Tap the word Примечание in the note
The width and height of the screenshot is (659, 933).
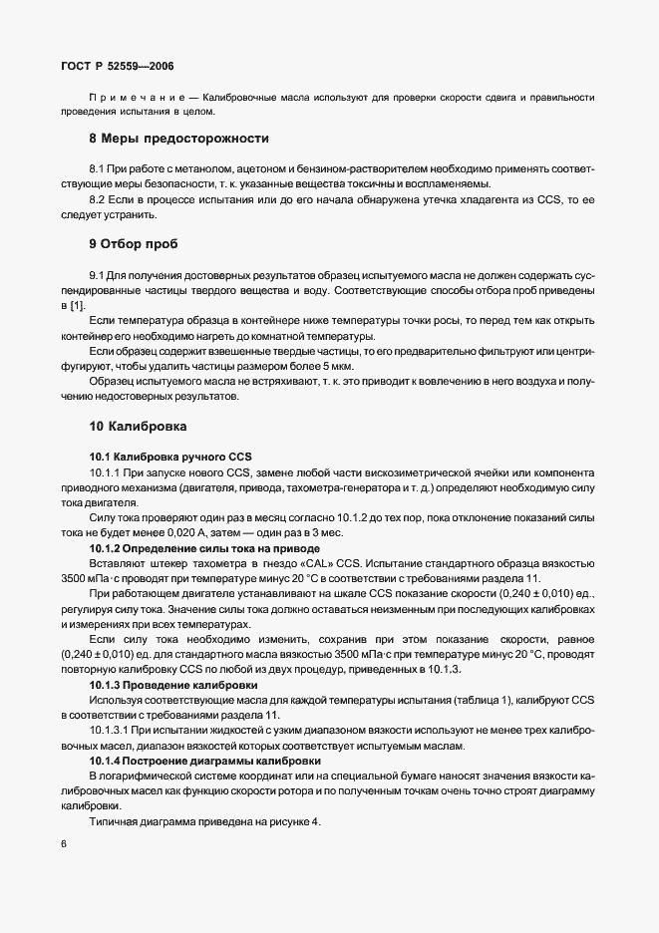140,98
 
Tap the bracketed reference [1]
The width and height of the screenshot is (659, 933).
76,304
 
